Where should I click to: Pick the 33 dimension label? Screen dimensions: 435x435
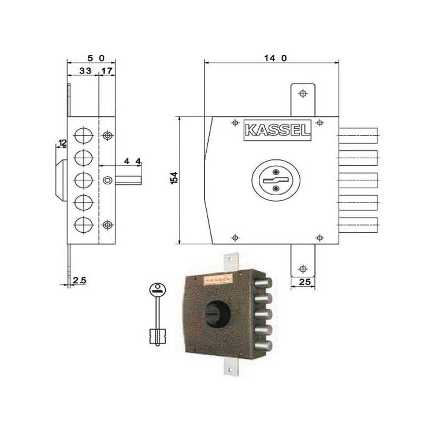pyautogui.click(x=85, y=71)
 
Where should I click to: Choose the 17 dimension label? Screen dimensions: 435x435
pyautogui.click(x=107, y=71)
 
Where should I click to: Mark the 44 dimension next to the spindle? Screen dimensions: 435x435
pyautogui.click(x=132, y=161)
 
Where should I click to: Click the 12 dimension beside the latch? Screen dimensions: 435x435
pyautogui.click(x=62, y=143)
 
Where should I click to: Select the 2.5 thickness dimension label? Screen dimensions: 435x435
pyautogui.click(x=79, y=281)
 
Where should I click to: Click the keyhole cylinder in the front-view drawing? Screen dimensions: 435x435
pyautogui.click(x=275, y=181)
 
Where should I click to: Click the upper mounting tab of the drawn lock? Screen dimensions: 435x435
pyautogui.click(x=303, y=99)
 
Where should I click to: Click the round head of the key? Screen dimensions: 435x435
pyautogui.click(x=157, y=289)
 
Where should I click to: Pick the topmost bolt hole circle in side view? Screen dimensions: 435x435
pyautogui.click(x=83, y=135)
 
